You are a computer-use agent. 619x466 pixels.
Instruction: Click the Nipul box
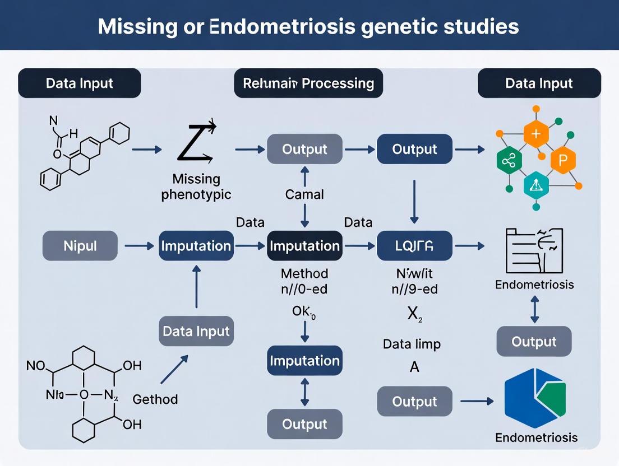(x=80, y=246)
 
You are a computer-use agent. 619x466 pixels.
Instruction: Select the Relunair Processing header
(x=308, y=83)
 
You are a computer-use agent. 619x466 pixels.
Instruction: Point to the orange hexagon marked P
(x=563, y=160)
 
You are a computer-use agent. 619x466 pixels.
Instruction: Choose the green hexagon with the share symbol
(x=509, y=161)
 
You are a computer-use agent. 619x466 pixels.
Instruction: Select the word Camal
(x=304, y=194)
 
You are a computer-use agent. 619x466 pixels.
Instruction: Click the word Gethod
(x=155, y=399)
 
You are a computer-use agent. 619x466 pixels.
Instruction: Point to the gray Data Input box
(x=196, y=330)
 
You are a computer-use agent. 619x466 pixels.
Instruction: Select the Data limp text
(x=412, y=343)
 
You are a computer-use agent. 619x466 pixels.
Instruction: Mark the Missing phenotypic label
(x=196, y=187)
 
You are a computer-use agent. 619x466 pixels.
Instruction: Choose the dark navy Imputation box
(x=304, y=246)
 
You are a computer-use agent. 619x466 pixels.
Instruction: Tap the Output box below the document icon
(x=534, y=342)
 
